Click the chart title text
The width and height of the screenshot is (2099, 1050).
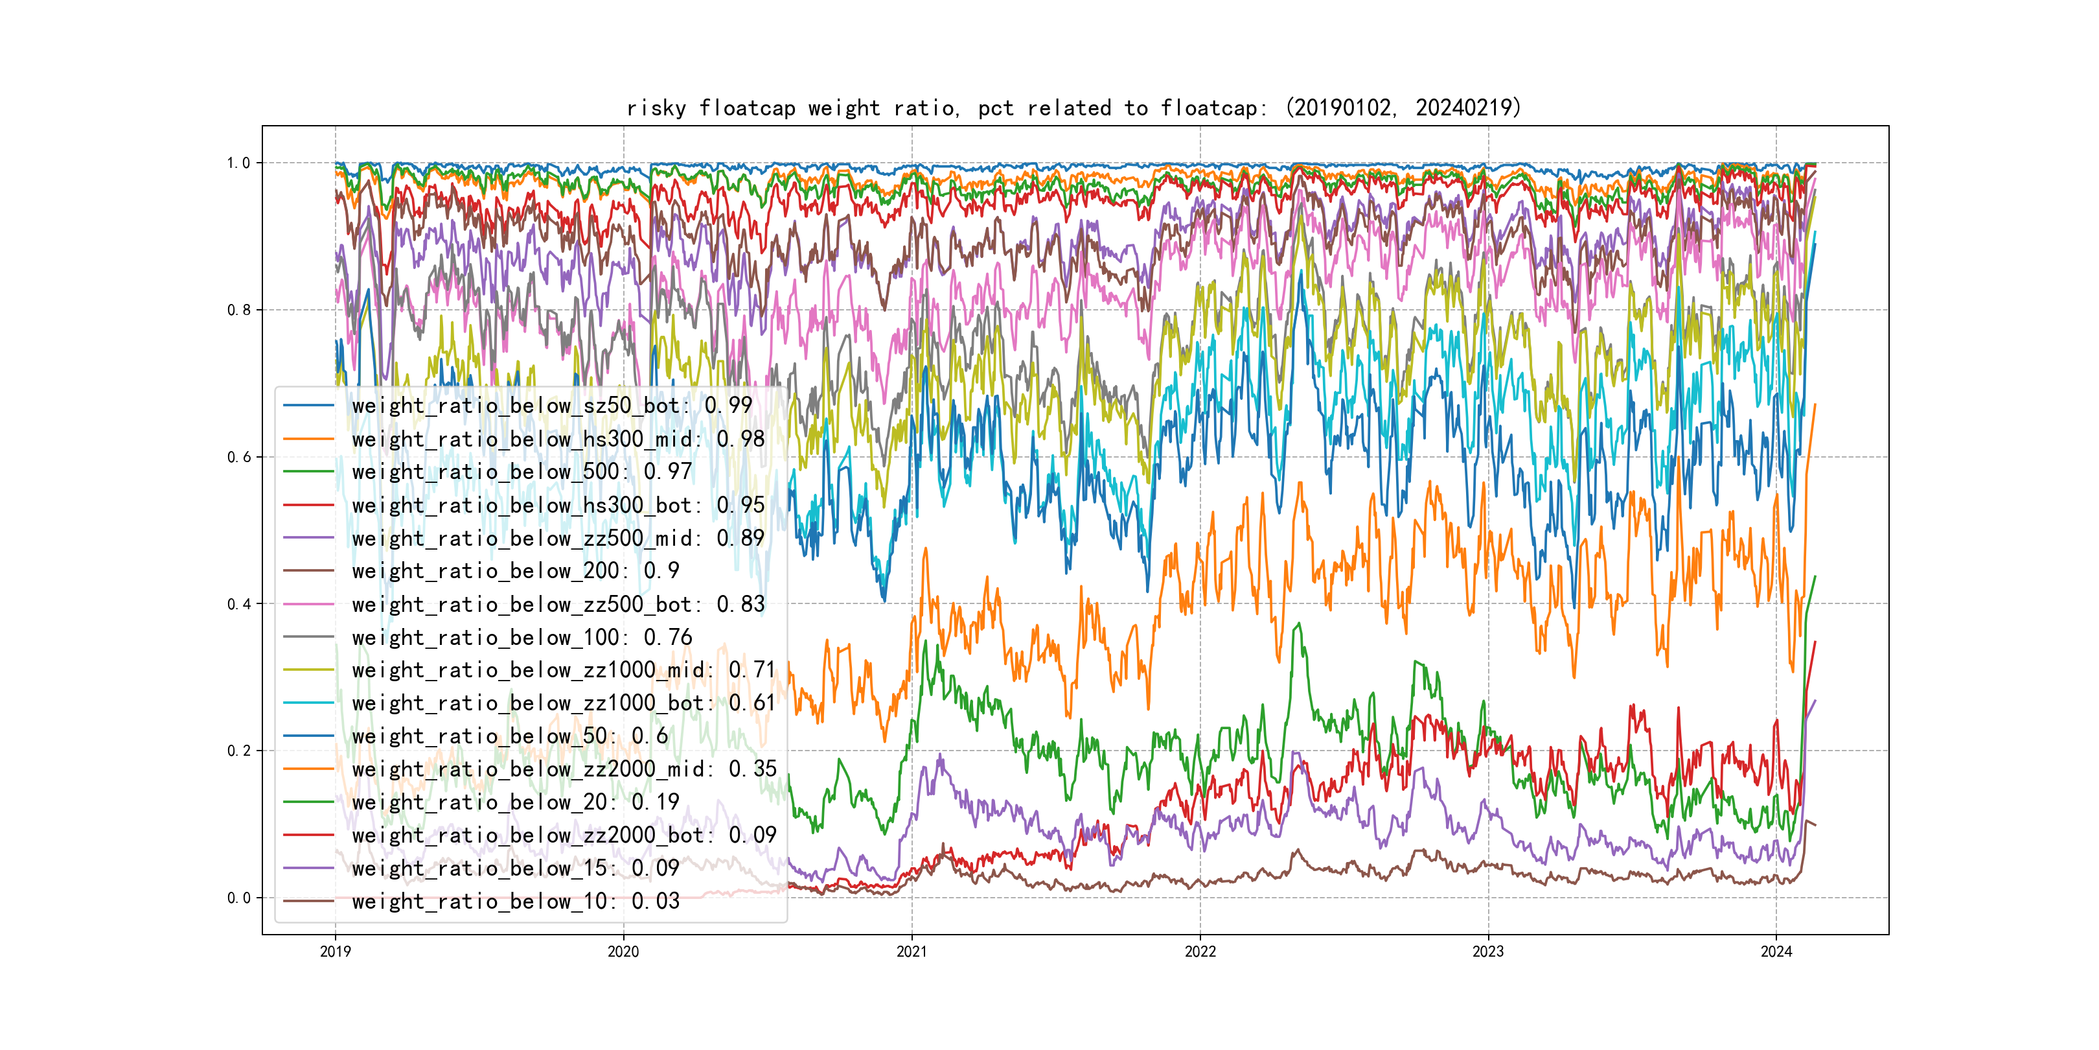coord(1073,108)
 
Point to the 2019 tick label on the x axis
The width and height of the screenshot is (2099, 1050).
coord(335,951)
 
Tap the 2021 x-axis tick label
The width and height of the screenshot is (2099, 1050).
coord(911,951)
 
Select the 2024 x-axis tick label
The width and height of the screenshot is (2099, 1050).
coord(1776,951)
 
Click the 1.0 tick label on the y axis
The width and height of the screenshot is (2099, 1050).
coord(238,163)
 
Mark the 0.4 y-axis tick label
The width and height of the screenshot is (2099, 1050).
coord(238,604)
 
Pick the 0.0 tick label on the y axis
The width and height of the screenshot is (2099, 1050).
coord(238,898)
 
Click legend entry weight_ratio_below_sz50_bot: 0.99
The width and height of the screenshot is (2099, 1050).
coord(552,405)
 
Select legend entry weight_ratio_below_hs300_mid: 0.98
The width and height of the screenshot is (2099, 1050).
coord(558,439)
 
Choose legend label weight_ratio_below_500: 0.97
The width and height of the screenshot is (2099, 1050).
coord(522,472)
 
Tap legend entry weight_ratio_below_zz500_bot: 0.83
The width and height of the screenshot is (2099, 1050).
coord(558,604)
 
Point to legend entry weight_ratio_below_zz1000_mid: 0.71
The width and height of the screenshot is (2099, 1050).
coord(564,670)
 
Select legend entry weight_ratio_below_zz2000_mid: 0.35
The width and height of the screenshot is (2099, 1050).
coord(564,769)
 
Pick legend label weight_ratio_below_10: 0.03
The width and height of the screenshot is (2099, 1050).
coord(516,902)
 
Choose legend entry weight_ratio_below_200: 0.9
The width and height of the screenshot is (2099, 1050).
coord(516,570)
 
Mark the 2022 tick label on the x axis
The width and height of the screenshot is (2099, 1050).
coord(1199,951)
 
